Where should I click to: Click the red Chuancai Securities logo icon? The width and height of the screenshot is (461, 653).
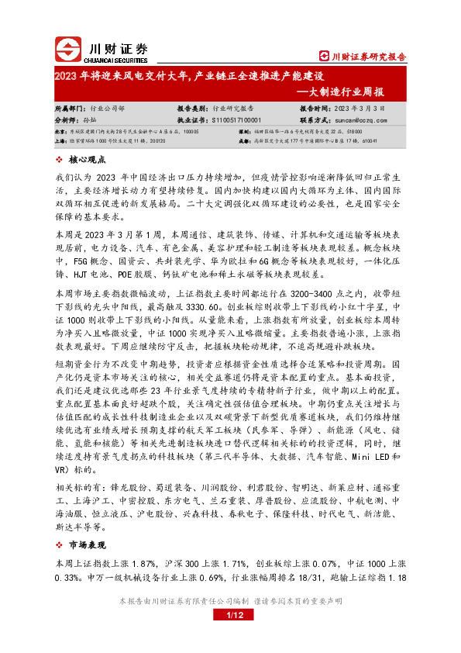67,50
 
